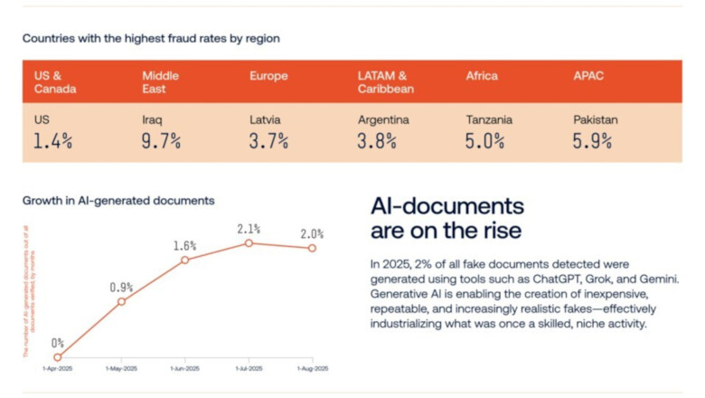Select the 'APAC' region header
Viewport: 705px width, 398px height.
tap(588, 76)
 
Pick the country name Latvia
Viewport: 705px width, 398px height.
tap(265, 119)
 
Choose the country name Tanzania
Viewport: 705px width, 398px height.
tap(489, 119)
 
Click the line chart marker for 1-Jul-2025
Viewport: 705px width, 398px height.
tap(249, 242)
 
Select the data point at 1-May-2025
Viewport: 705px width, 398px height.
tap(121, 301)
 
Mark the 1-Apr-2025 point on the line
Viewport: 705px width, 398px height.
tap(57, 356)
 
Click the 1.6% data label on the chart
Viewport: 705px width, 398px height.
tap(185, 245)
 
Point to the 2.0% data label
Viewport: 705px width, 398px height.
tap(313, 233)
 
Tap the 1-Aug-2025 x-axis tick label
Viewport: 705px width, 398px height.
tap(313, 369)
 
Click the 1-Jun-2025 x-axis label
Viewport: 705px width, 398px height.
tap(185, 369)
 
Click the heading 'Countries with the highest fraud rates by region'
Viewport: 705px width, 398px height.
tap(151, 39)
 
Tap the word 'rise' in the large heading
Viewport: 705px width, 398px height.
tap(502, 231)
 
